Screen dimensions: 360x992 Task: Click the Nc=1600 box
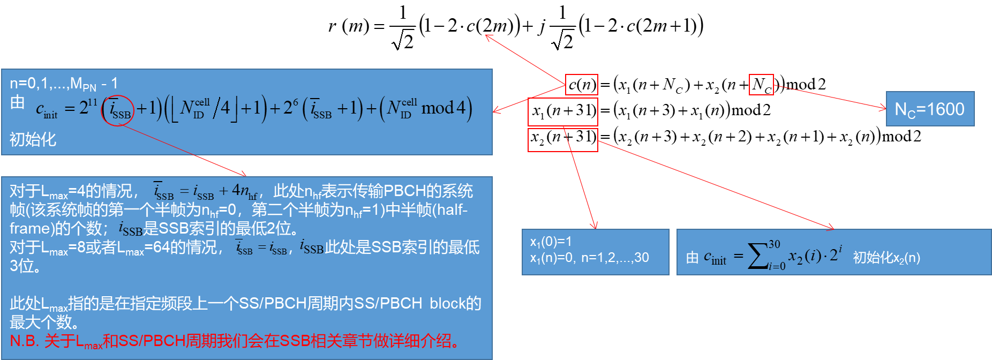coord(930,109)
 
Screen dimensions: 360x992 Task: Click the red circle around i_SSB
coord(118,110)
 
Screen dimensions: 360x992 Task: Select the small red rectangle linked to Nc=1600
coord(761,85)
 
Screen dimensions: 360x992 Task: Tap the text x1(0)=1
coord(551,242)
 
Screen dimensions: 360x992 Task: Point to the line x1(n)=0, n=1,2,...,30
coord(589,258)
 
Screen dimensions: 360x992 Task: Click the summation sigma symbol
coord(757,256)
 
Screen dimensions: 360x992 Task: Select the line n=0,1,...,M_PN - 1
coord(64,84)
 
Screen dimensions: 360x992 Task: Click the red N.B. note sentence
coord(235,341)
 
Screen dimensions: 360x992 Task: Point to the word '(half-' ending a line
coord(450,209)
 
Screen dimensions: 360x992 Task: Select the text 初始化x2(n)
coord(886,258)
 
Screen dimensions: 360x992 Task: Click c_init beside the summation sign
coord(715,258)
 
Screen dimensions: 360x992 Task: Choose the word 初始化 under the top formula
coord(33,139)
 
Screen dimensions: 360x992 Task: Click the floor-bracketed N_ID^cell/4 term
coord(204,108)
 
